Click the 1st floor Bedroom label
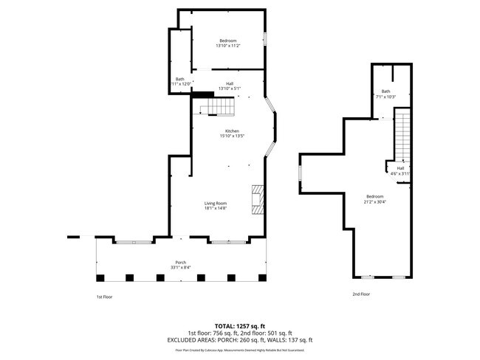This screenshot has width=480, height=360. (228, 40)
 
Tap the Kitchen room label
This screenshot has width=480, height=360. (232, 131)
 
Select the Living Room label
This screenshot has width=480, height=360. (216, 203)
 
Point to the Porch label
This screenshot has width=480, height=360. (180, 263)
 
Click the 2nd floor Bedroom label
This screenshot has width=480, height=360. (374, 196)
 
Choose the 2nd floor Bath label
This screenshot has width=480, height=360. (385, 91)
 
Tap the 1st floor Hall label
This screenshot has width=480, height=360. (230, 83)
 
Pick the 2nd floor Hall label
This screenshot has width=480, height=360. (400, 168)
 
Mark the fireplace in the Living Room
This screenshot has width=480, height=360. (257, 199)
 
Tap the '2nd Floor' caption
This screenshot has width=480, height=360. (360, 294)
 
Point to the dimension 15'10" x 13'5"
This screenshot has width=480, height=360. (232, 136)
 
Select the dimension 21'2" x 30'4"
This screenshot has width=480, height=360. (374, 201)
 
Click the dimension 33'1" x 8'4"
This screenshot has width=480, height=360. (180, 268)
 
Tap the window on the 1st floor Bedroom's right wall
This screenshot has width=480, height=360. (264, 38)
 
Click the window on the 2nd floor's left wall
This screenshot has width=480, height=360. (300, 173)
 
